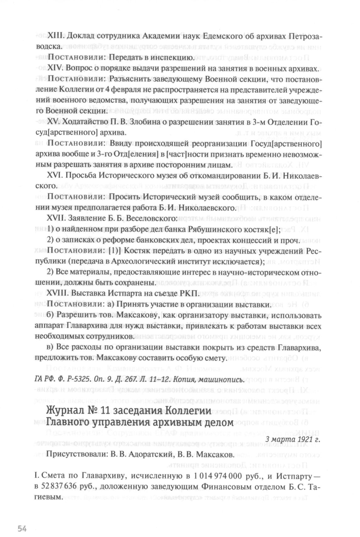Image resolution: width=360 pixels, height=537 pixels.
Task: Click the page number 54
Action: [x=22, y=511]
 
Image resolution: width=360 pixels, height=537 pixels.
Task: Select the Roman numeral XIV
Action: [x=55, y=68]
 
